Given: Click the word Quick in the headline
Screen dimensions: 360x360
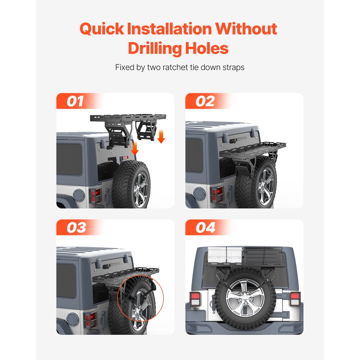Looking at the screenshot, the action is click(x=102, y=29).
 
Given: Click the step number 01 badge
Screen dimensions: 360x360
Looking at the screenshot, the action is click(x=75, y=101).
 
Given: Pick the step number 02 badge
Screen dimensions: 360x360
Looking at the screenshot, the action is click(x=205, y=101).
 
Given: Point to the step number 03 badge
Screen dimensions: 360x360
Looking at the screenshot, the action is click(x=76, y=228).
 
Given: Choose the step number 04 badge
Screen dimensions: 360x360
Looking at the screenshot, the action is click(x=206, y=228).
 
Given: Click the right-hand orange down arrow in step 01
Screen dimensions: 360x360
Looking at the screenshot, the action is click(x=161, y=136).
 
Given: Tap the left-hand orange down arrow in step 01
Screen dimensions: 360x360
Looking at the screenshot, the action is click(x=135, y=148).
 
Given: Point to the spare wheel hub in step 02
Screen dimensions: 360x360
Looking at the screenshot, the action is click(x=265, y=186).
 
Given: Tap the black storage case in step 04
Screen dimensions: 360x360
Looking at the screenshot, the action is click(x=263, y=255).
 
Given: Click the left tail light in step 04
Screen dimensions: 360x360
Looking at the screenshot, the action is click(x=195, y=299).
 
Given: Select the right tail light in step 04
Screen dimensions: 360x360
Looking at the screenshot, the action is click(x=295, y=298).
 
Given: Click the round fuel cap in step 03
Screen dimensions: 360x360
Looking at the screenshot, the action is click(x=73, y=319).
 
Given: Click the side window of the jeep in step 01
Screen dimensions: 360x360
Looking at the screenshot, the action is click(x=69, y=159).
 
